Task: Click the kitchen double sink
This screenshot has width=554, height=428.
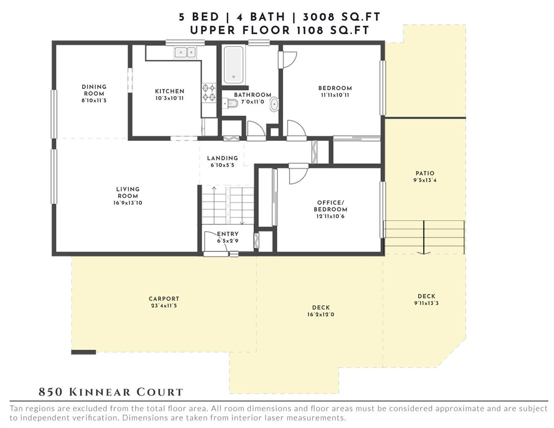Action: (x=185, y=52)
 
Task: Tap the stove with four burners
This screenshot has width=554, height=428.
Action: (x=209, y=93)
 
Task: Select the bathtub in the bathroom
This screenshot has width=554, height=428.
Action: (x=234, y=65)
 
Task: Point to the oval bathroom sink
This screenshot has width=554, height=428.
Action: (x=274, y=104)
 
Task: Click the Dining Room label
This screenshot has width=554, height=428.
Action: (x=94, y=90)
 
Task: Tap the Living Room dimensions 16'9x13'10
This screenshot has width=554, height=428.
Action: (x=128, y=203)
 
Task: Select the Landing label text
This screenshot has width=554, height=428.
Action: (x=222, y=158)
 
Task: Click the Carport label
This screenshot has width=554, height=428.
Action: (x=164, y=299)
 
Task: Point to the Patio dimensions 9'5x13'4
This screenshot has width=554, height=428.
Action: (x=425, y=180)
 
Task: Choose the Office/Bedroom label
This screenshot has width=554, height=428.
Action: (x=330, y=206)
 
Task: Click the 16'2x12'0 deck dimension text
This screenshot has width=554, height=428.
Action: (x=321, y=314)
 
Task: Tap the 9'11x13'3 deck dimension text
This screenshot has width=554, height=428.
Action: (x=426, y=303)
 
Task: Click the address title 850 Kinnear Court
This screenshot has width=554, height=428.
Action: (x=111, y=392)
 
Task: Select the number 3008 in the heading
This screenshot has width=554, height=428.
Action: (x=319, y=17)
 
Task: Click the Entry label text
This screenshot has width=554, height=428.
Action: (x=228, y=234)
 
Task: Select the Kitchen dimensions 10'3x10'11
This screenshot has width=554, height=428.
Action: (x=169, y=98)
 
